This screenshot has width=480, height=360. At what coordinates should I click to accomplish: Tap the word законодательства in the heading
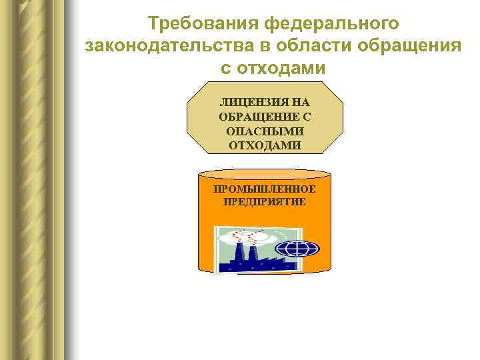click(x=167, y=47)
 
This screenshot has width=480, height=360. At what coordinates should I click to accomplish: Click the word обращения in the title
click(x=409, y=47)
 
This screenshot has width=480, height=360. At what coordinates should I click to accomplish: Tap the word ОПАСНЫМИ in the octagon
click(x=265, y=131)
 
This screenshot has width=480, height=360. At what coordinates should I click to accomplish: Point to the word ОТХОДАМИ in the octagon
click(x=265, y=145)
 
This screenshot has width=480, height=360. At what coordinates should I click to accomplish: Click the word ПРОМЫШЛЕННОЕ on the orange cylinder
click(x=265, y=189)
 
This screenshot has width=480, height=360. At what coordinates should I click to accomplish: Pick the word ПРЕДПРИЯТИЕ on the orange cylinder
click(x=265, y=201)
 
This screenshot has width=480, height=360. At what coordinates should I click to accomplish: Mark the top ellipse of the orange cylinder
click(x=265, y=175)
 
